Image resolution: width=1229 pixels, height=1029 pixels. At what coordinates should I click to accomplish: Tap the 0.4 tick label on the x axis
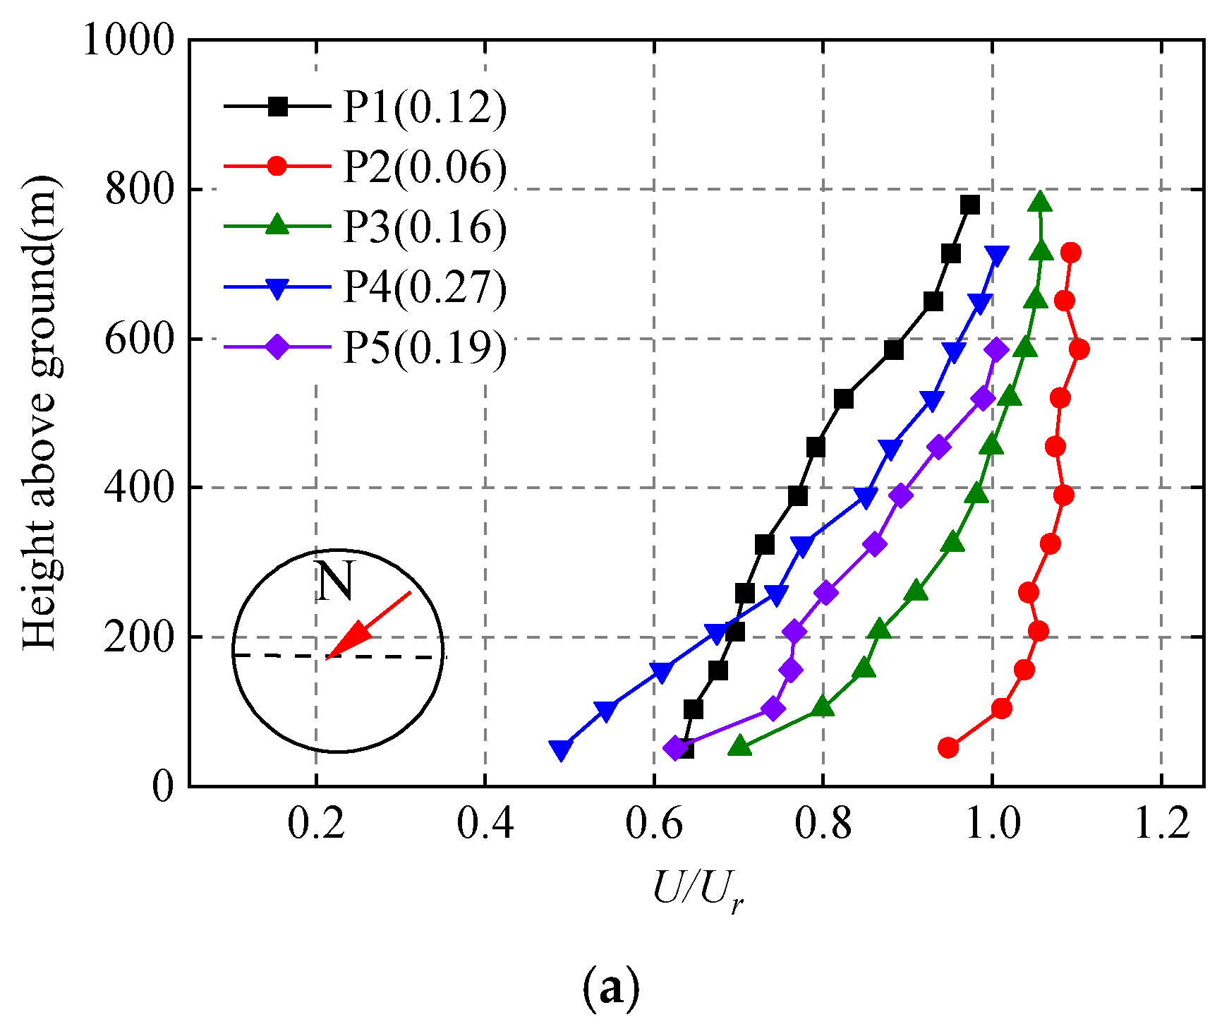point(485,823)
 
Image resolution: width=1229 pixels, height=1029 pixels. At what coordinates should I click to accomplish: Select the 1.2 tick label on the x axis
point(1161,823)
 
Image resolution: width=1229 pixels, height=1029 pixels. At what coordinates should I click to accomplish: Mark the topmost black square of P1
point(970,205)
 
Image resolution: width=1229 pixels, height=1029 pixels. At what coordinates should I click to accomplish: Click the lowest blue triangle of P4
point(560,750)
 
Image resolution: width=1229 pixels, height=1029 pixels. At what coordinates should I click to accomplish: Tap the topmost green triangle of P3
point(1040,202)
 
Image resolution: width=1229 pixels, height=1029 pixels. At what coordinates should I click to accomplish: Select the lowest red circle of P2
point(948,747)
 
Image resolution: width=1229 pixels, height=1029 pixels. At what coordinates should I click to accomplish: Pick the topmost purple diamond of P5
point(996,349)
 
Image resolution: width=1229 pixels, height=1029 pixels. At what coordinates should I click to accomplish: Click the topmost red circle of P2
point(1070,253)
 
